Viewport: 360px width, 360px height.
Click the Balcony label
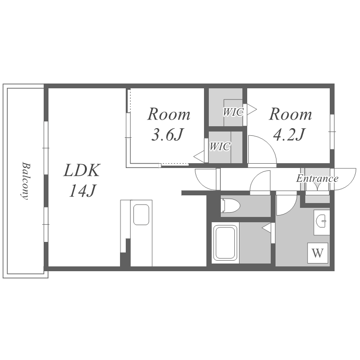pos(25,181)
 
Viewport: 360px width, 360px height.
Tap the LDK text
pos(82,170)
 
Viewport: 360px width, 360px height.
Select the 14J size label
pos(82,191)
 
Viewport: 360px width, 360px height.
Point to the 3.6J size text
pos(168,134)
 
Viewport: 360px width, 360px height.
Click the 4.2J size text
pos(289,134)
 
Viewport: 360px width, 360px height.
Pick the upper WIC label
pos(233,112)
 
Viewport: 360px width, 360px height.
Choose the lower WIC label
pos(220,146)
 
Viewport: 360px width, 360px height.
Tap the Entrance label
pos(317,179)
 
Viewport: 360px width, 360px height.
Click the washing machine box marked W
pos(318,253)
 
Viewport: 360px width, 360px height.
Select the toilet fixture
pos(230,205)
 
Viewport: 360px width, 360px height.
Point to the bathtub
pos(225,243)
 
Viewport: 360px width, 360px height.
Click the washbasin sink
pos(322,221)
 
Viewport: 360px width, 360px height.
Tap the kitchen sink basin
pos(141,215)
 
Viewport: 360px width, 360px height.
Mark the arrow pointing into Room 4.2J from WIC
pos(252,109)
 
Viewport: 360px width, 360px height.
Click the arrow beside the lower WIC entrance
pos(199,157)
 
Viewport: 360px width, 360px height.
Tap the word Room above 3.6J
pos(169,114)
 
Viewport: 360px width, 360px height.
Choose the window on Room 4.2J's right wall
pos(332,132)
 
